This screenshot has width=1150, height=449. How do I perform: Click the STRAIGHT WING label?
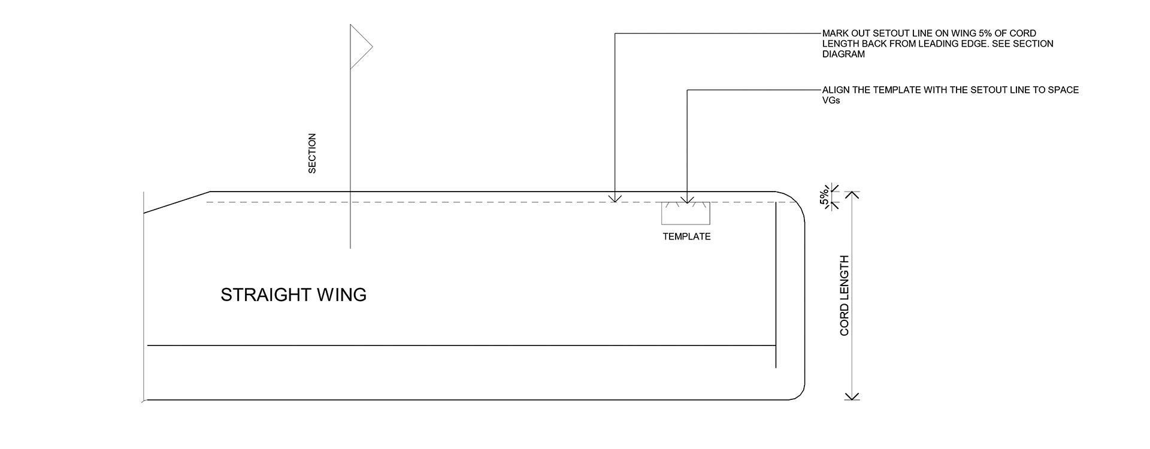[x=293, y=295]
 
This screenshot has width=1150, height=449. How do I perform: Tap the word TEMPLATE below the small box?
[x=686, y=236]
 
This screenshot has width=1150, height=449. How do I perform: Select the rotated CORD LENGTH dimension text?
[x=845, y=295]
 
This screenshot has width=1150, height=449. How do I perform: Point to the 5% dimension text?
[x=825, y=197]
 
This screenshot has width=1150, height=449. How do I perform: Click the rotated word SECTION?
[x=312, y=154]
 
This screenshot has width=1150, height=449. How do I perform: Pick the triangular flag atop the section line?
[x=361, y=46]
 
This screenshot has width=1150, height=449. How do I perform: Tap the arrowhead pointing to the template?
[x=687, y=199]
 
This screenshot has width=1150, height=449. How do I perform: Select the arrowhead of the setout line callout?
[x=615, y=198]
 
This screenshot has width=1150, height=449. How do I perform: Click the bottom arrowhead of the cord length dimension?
[x=852, y=396]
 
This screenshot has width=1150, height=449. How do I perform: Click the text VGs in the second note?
[x=831, y=101]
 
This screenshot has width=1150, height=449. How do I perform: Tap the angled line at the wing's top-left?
[x=177, y=202]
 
